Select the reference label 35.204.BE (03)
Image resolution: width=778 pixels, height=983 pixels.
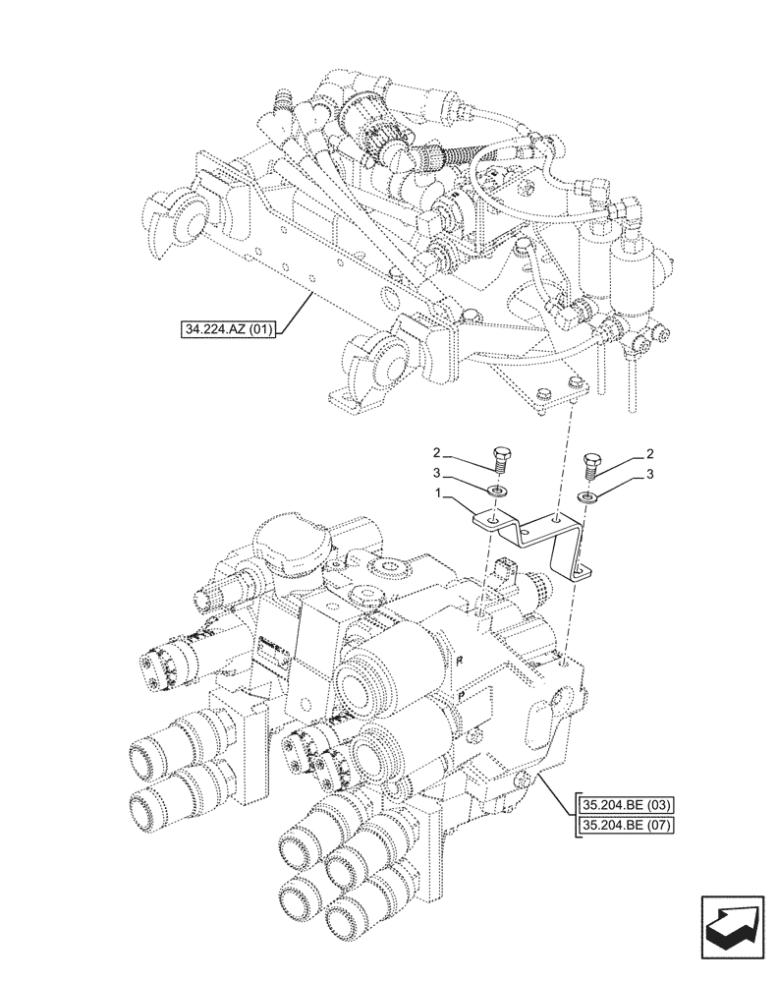pos(624,805)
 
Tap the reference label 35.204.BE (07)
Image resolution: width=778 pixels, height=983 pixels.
pos(624,825)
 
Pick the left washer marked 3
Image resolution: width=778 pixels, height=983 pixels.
pos(497,491)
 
